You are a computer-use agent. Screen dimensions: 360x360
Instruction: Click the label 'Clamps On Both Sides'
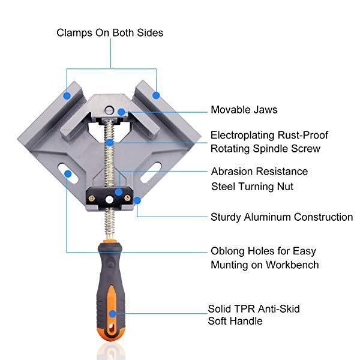pyautogui.click(x=110, y=33)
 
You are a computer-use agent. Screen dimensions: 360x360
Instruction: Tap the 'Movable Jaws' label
pyautogui.click(x=244, y=110)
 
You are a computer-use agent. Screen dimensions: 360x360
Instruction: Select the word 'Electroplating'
pyautogui.click(x=242, y=136)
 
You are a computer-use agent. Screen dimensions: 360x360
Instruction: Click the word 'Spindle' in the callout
pyautogui.click(x=271, y=149)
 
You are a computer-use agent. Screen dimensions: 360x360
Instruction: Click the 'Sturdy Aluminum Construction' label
pyautogui.click(x=282, y=217)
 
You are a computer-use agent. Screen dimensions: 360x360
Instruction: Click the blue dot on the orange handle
pyautogui.click(x=113, y=314)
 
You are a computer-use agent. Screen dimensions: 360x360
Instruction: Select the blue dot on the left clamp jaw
pyautogui.click(x=67, y=95)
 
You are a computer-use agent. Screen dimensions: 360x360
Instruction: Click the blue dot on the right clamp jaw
pyautogui.click(x=156, y=95)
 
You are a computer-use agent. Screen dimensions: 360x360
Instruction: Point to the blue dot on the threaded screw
pyautogui.click(x=110, y=143)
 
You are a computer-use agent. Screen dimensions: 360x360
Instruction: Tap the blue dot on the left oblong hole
pyautogui.click(x=68, y=174)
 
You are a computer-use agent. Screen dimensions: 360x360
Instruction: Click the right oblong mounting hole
pyautogui.click(x=151, y=172)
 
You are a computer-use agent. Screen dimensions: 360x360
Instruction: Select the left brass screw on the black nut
pyautogui.click(x=92, y=199)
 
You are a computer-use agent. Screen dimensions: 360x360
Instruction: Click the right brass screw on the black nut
pyautogui.click(x=127, y=198)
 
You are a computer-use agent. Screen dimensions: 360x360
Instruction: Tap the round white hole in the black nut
pyautogui.click(x=110, y=200)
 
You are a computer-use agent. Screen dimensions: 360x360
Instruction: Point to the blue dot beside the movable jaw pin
pyautogui.click(x=121, y=112)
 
